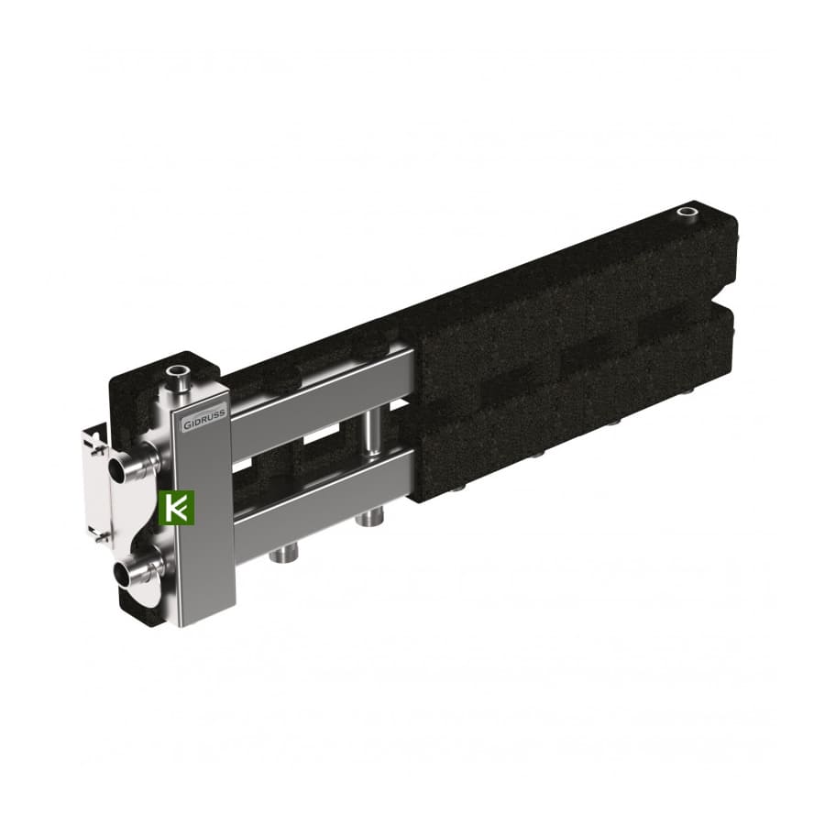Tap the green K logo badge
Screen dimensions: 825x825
[176, 507]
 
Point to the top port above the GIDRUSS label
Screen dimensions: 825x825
[176, 374]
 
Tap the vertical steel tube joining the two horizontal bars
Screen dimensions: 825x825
[374, 431]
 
